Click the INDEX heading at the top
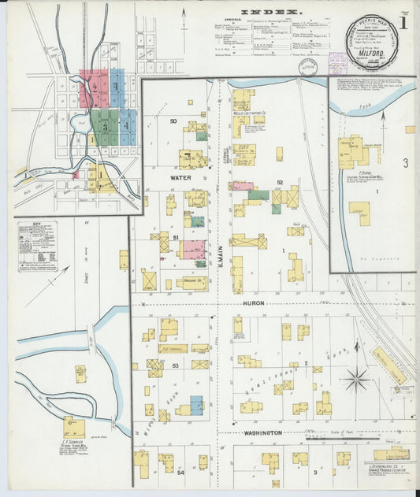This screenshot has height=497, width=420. click(270, 12)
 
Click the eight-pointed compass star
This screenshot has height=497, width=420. click(356, 378)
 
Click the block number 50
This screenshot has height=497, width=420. click(173, 121)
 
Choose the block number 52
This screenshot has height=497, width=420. click(279, 182)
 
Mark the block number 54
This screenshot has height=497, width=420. click(180, 472)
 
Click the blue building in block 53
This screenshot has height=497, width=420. click(196, 405)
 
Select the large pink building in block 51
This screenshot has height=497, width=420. click(194, 250)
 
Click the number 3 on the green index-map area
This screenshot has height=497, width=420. click(104, 126)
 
